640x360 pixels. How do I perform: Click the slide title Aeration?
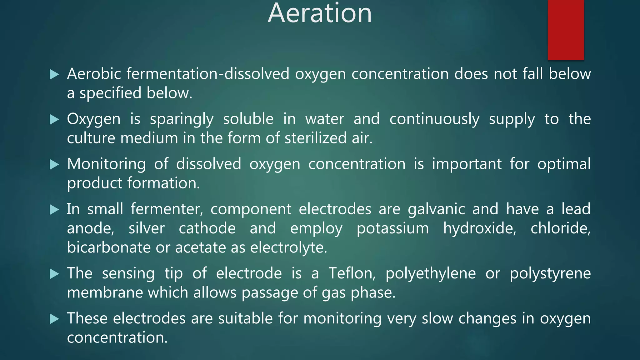[320, 13]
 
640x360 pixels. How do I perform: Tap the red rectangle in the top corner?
[566, 30]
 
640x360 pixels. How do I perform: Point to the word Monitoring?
[106, 164]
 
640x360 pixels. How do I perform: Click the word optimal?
[564, 164]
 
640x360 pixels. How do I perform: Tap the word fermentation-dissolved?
[208, 74]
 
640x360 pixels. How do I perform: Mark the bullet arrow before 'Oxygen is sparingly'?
[54, 119]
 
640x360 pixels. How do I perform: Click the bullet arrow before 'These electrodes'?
[54, 319]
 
